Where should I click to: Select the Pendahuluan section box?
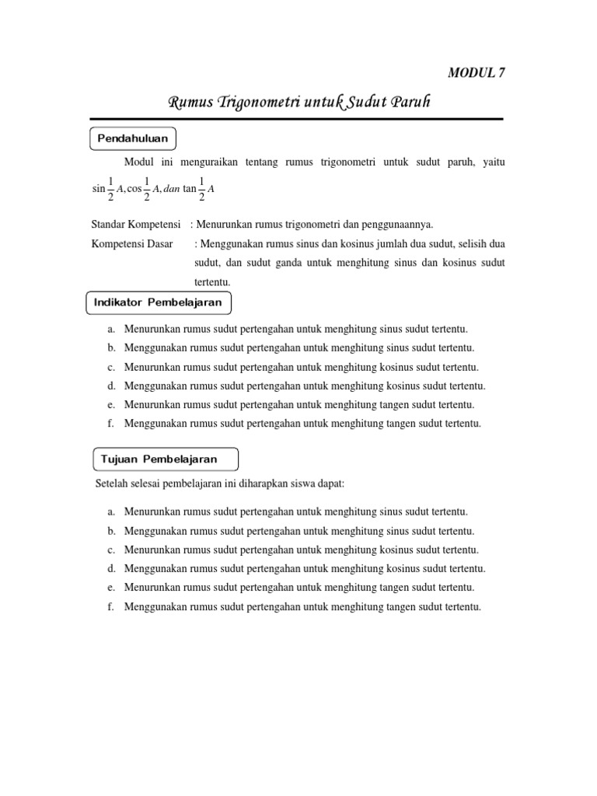point(133,138)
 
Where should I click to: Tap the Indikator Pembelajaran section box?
point(158,302)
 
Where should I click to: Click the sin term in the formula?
point(98,189)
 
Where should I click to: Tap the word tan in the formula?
point(190,189)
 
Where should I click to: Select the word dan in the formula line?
point(171,189)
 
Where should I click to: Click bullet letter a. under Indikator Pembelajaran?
point(112,330)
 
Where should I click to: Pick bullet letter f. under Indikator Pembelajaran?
point(112,424)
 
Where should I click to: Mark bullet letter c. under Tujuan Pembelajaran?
point(112,550)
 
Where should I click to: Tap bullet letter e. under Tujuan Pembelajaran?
point(112,588)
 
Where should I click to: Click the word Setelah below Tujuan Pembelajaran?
point(109,484)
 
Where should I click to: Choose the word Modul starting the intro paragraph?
point(138,162)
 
